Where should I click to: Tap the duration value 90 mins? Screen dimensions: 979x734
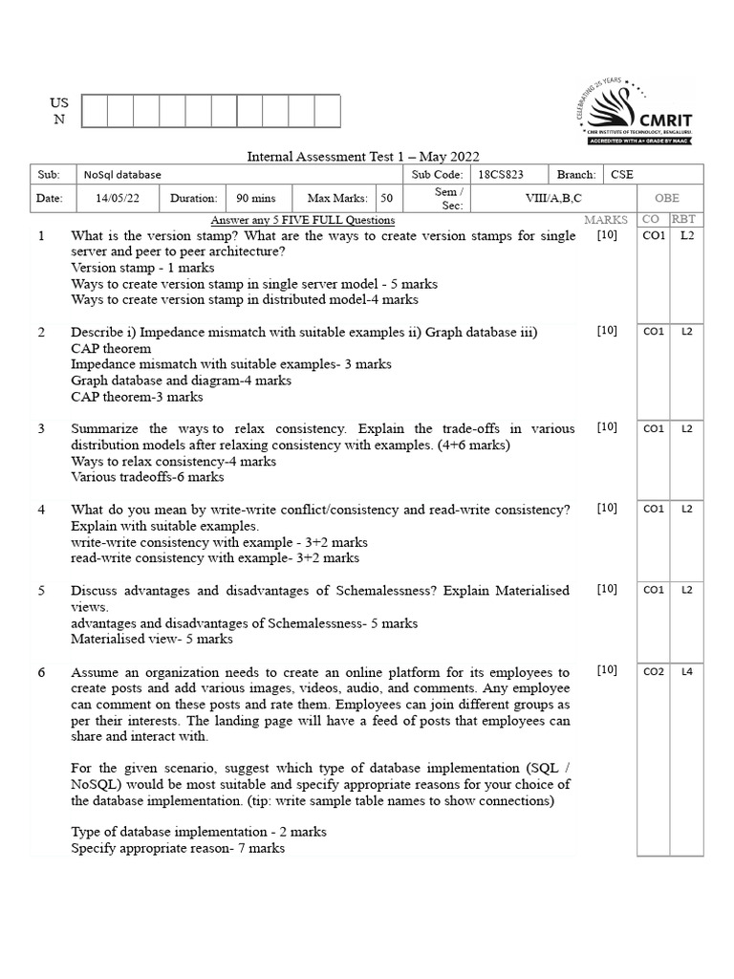pyautogui.click(x=255, y=199)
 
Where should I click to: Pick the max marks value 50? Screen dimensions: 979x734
pyautogui.click(x=385, y=199)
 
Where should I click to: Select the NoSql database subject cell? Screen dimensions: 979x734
pyautogui.click(x=122, y=175)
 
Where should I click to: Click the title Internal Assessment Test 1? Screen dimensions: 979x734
pyautogui.click(x=363, y=156)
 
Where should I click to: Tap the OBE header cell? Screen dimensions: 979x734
pyautogui.click(x=666, y=199)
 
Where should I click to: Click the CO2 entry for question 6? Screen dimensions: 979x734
pyautogui.click(x=654, y=672)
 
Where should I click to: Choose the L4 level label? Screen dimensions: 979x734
pyautogui.click(x=686, y=672)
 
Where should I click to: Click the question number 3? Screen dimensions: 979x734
pyautogui.click(x=41, y=428)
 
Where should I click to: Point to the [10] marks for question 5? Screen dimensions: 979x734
pyautogui.click(x=607, y=590)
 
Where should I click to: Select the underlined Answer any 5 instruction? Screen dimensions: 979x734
pyautogui.click(x=302, y=221)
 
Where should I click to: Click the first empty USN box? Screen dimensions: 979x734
pyautogui.click(x=95, y=111)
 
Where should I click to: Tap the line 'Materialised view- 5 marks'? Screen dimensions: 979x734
pyautogui.click(x=152, y=639)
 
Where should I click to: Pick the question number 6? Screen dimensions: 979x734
pyautogui.click(x=41, y=672)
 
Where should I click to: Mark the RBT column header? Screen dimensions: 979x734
pyautogui.click(x=684, y=220)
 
